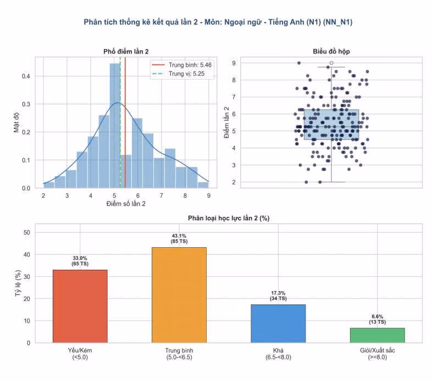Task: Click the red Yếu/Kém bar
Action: [x=80, y=306]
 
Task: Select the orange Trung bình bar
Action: [x=179, y=295]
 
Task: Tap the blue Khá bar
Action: [x=278, y=324]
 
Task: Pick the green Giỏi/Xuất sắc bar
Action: [x=378, y=335]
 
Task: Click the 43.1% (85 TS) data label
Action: [x=179, y=238]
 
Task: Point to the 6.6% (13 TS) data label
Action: [x=378, y=319]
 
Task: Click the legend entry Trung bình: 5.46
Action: [x=182, y=65]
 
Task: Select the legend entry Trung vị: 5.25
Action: [x=179, y=74]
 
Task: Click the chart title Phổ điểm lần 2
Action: [x=126, y=52]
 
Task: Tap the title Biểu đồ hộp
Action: [x=331, y=52]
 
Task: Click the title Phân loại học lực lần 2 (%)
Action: [x=229, y=218]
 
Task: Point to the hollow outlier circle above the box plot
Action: [x=331, y=63]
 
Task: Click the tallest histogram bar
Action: [x=115, y=126]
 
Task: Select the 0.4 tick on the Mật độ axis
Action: [x=26, y=76]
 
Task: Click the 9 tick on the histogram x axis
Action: [x=208, y=195]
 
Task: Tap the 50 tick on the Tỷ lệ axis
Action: [x=27, y=232]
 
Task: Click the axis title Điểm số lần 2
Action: [x=126, y=204]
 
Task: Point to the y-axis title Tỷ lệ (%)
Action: [x=18, y=283]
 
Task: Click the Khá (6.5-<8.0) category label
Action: [x=278, y=354]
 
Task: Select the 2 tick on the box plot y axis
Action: [x=234, y=182]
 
